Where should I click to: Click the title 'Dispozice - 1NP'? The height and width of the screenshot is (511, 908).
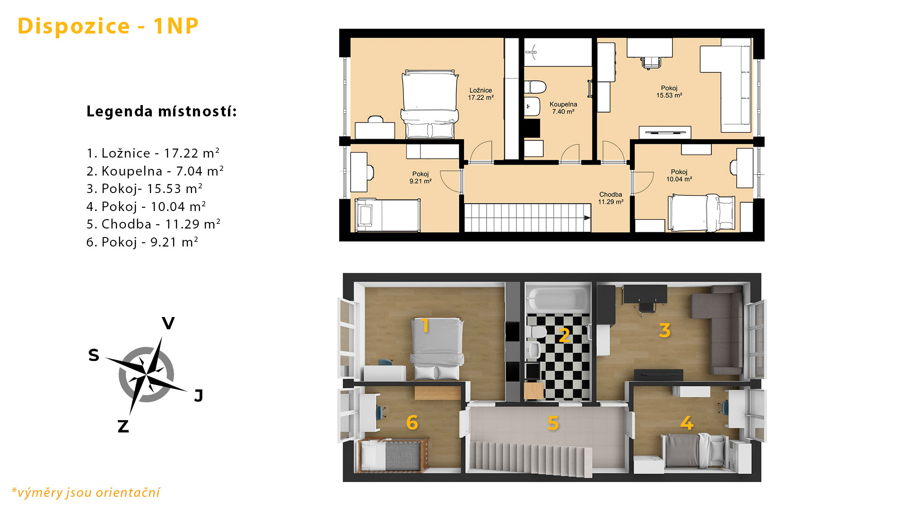(x=108, y=26)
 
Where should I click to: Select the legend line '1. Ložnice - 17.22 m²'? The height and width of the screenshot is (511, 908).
(x=153, y=153)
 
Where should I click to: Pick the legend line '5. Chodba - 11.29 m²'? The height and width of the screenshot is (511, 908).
(x=153, y=224)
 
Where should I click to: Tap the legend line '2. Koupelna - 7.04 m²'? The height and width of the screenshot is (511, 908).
(x=155, y=171)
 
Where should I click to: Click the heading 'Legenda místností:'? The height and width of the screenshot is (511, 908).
(x=162, y=112)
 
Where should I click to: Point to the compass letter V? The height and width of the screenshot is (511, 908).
(x=168, y=323)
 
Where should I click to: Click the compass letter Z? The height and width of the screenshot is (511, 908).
(x=123, y=426)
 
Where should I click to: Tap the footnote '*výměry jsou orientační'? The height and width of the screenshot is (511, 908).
(x=86, y=493)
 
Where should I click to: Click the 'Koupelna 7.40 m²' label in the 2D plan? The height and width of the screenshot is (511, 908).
(x=563, y=108)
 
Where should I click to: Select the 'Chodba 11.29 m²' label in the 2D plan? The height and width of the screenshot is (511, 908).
(x=611, y=198)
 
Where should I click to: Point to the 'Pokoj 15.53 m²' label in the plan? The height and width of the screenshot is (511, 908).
(x=669, y=92)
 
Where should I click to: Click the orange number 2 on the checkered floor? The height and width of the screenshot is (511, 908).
(x=564, y=335)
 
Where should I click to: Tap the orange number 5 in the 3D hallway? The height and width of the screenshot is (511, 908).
(x=553, y=423)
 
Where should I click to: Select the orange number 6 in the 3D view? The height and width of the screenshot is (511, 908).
(x=412, y=423)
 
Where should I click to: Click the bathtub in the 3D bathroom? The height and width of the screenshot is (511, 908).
(x=558, y=299)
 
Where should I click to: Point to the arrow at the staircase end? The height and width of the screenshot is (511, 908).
(x=587, y=218)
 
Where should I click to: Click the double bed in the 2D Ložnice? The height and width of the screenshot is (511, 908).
(x=430, y=105)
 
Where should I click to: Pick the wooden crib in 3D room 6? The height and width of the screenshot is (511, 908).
(x=393, y=455)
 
